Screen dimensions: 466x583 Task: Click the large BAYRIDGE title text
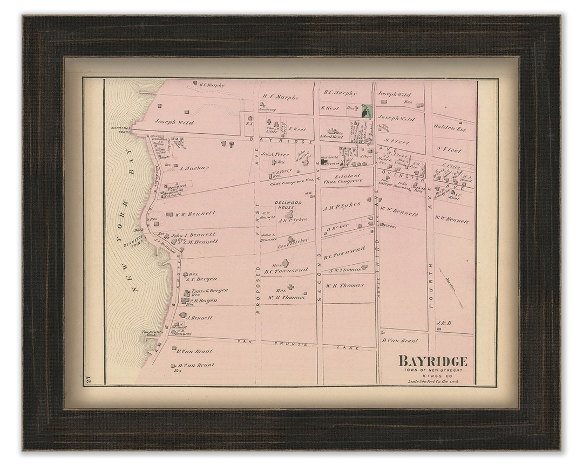point(433,361)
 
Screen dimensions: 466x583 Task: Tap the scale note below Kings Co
point(433,381)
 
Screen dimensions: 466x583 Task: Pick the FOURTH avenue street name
point(431,278)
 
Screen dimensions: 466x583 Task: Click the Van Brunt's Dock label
point(150,333)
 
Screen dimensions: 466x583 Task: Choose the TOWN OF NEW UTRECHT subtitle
point(433,369)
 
